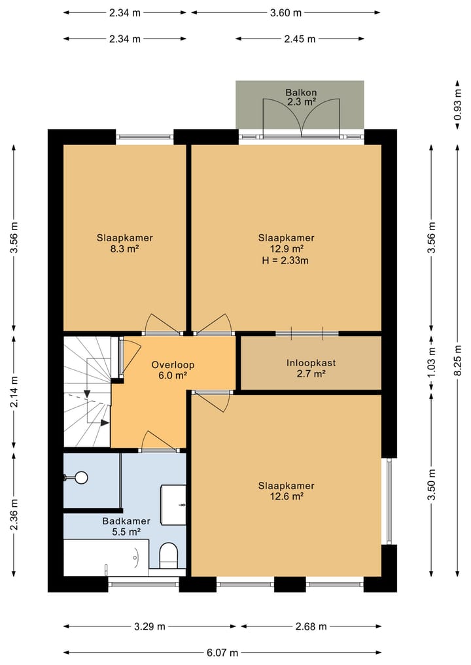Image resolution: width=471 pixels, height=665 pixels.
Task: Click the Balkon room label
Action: pos(301,92)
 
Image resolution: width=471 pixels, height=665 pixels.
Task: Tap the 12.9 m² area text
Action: pos(287,249)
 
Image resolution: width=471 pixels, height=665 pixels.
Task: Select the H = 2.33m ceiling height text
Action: pos(285,260)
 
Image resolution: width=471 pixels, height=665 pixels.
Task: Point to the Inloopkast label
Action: pos(311,363)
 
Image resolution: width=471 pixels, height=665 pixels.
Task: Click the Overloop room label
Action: pos(173,365)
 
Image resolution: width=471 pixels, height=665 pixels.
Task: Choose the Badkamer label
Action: pos(126,521)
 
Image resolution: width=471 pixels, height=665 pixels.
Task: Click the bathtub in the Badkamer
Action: pos(106,558)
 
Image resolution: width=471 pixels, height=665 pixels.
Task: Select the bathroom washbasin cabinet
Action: pos(173,505)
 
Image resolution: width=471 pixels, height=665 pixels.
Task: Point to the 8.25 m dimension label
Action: pos(457,360)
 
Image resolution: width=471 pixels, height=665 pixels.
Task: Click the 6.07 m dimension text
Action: pos(222,653)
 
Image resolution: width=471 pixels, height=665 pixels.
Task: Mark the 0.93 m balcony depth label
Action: pos(457,104)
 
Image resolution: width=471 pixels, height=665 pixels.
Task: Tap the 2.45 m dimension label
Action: pos(300,39)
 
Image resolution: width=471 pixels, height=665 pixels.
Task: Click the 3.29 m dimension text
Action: pos(150,626)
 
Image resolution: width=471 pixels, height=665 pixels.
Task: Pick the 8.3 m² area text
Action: pos(125,249)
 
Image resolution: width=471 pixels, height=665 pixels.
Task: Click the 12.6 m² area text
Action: pos(287,497)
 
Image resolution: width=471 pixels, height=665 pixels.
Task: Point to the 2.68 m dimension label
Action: pos(311,626)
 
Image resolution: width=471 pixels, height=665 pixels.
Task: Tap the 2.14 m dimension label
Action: pos(14,392)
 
